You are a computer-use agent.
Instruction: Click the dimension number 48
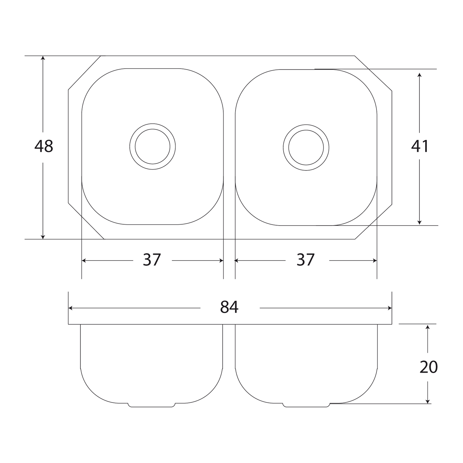point(44,146)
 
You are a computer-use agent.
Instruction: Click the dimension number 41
point(420,146)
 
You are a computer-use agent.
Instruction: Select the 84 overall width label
point(229,307)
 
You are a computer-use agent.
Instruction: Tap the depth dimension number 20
point(429,367)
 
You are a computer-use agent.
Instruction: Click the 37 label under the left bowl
point(152,260)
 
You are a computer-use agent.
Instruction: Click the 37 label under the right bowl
point(306,260)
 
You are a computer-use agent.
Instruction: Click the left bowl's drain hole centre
point(153,146)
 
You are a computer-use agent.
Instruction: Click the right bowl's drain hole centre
point(306,147)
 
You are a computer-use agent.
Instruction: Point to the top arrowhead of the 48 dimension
point(43,58)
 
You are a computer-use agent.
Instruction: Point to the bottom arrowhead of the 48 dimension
point(43,237)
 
